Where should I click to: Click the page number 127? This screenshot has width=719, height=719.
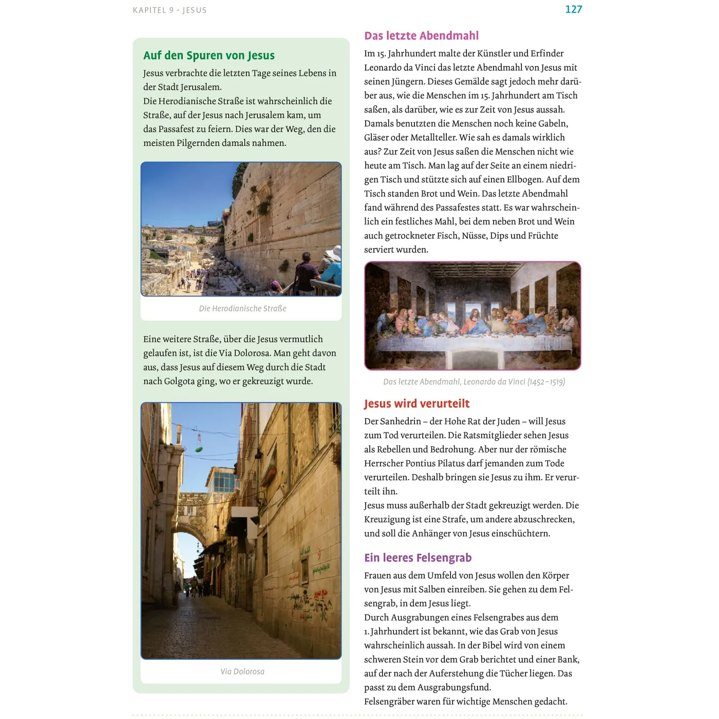coord(573,9)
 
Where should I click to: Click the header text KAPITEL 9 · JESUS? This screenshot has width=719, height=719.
coord(169,10)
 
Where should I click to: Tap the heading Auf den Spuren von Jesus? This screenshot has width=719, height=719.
coord(209,55)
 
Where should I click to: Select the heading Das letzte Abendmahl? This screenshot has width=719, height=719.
coord(421,36)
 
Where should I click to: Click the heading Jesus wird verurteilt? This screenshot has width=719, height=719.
coord(417,404)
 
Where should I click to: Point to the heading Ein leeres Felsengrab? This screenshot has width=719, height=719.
coord(418,558)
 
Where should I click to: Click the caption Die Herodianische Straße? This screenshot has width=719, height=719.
coord(242,309)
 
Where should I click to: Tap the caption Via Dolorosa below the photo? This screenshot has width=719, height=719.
coord(242,672)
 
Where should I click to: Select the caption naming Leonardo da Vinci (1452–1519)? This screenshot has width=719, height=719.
coord(474,382)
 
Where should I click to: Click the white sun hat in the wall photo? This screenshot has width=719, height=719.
coord(334,252)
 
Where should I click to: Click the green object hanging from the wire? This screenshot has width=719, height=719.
coord(199,448)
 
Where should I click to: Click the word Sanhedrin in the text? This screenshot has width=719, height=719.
coord(400,422)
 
